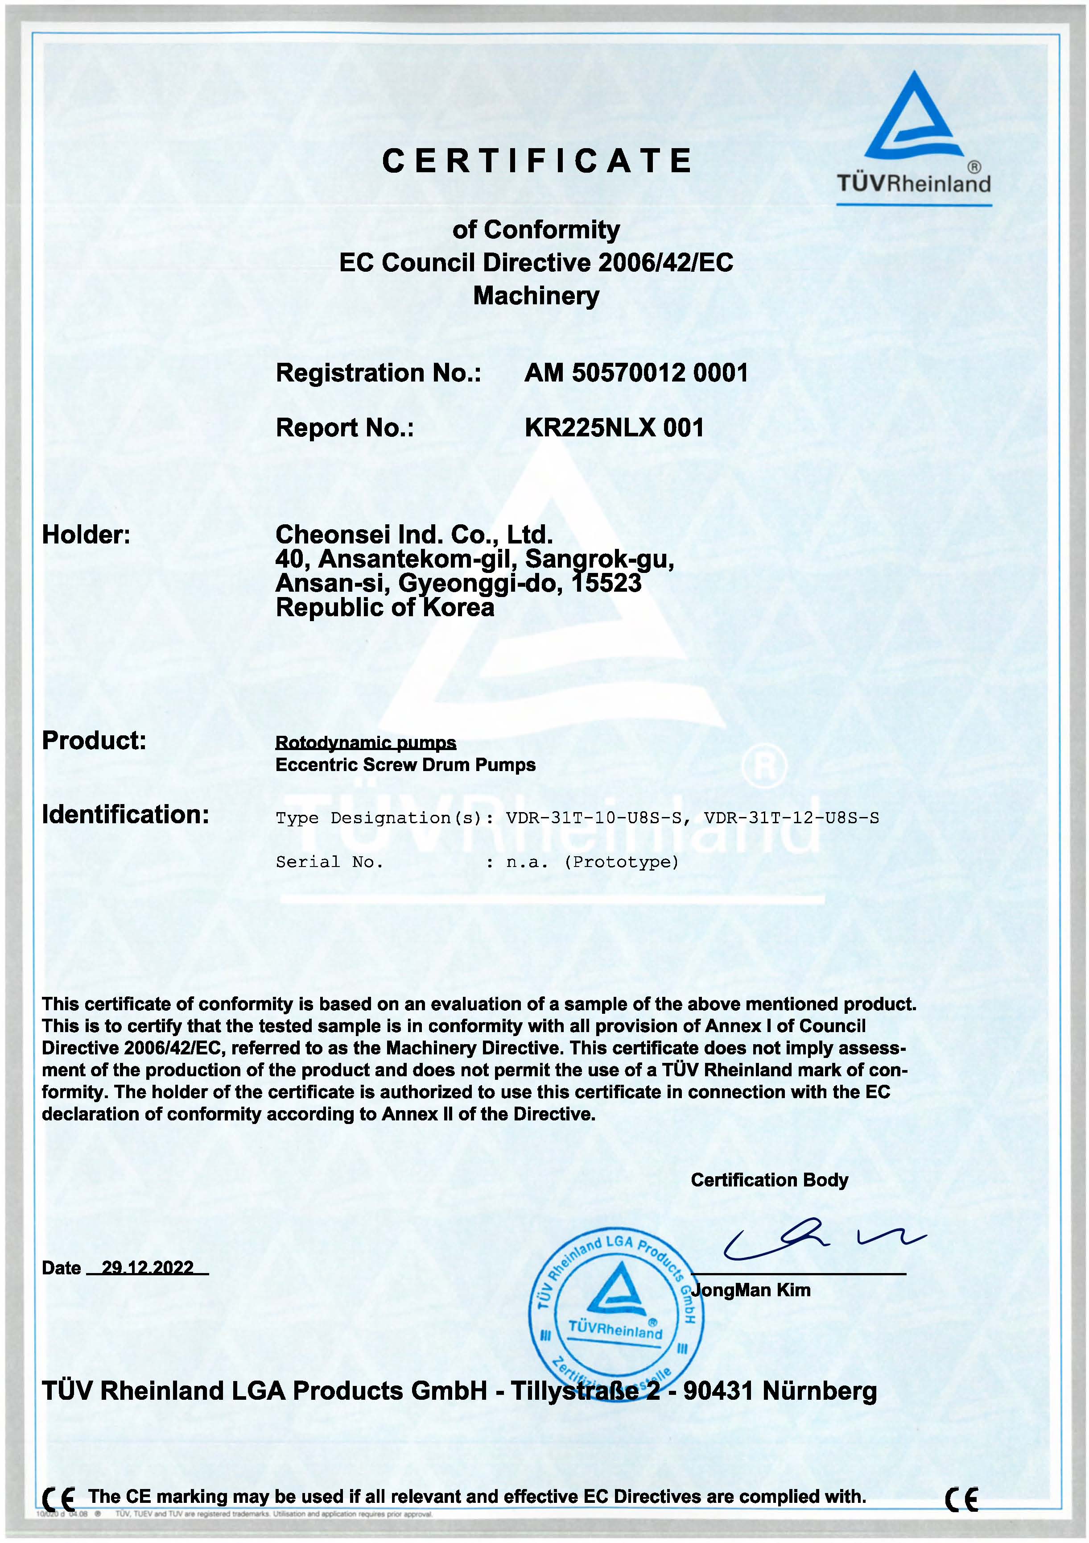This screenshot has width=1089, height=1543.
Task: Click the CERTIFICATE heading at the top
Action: tap(537, 161)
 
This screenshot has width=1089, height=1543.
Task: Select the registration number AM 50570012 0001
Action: tap(635, 373)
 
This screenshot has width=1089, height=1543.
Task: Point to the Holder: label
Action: tap(86, 535)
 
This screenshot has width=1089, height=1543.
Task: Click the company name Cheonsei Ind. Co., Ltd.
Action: tap(414, 535)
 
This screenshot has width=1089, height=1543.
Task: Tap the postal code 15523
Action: tap(606, 583)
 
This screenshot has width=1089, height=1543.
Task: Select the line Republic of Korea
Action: tap(384, 608)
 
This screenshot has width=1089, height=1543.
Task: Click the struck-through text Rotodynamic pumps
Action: tap(366, 742)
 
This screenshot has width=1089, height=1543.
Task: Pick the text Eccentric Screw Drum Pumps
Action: tap(405, 765)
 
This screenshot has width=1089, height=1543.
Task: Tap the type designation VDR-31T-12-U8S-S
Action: tap(791, 818)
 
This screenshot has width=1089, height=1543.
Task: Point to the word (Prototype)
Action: tap(621, 862)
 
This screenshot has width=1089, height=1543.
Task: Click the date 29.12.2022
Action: tap(148, 1267)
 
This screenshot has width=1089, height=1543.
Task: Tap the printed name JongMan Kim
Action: tap(751, 1290)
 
